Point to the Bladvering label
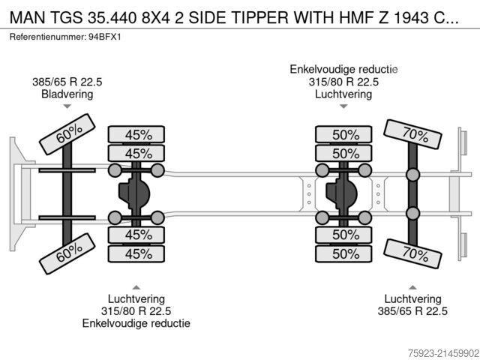pos(67,94)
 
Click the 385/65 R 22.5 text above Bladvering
pos(67,82)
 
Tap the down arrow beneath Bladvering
pos(67,108)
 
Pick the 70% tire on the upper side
pos(412,136)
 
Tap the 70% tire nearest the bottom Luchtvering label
pos(412,254)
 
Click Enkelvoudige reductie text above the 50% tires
pos(344,70)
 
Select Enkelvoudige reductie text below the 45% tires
pos(136,323)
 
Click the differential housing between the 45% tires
pos(137,194)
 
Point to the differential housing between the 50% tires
pos(343,194)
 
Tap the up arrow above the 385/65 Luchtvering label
pos(412,286)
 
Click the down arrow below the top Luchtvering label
pos(344,107)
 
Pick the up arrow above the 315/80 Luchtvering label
pos(136,286)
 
